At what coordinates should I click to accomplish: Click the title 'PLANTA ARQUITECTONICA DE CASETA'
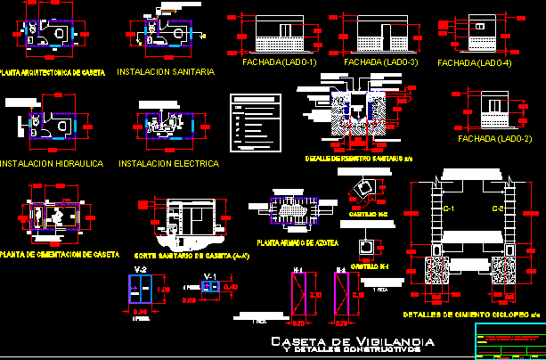click(x=53, y=71)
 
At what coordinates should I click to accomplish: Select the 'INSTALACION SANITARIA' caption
click(x=166, y=72)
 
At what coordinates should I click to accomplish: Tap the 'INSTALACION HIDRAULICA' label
click(x=53, y=164)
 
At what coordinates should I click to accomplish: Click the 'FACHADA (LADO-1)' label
click(x=279, y=63)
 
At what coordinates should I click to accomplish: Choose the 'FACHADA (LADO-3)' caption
click(x=377, y=63)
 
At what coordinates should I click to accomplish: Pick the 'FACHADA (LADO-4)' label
click(x=475, y=63)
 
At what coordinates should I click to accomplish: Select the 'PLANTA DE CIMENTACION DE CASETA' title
click(x=60, y=254)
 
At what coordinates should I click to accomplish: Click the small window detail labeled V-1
click(x=211, y=287)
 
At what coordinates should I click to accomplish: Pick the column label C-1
click(x=449, y=209)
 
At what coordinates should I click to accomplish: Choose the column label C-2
click(x=499, y=209)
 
